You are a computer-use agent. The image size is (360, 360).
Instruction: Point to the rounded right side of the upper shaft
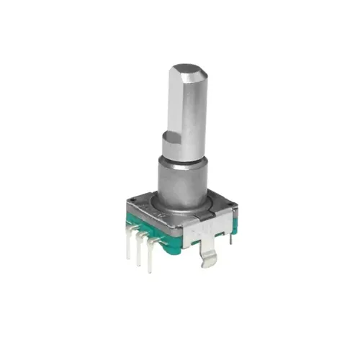[198, 108]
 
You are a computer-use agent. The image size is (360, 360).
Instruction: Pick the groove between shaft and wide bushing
[181, 160]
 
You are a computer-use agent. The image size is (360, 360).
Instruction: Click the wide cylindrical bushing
[181, 184]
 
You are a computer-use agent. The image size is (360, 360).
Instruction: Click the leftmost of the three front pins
[129, 245]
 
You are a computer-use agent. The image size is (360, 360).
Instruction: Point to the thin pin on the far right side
[230, 235]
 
